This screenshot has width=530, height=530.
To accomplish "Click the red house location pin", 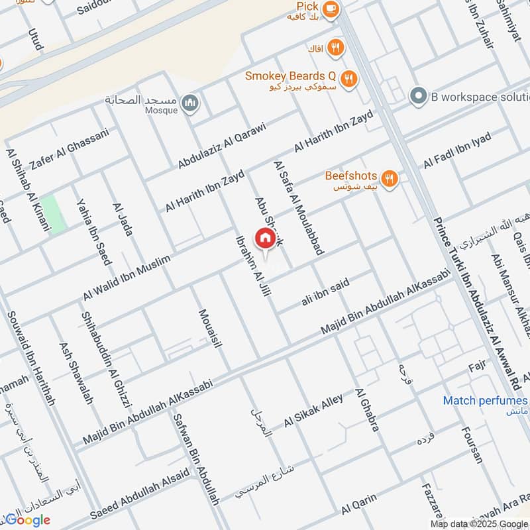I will (265, 238).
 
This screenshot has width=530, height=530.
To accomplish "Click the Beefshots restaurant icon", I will (390, 178).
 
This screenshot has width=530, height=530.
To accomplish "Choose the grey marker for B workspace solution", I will (417, 97).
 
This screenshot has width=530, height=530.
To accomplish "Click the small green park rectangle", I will (53, 214).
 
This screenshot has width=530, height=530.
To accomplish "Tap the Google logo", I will (28, 519).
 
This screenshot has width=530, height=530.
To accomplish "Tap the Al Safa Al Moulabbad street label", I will (298, 207).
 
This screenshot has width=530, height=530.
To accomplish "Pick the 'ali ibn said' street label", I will (325, 291).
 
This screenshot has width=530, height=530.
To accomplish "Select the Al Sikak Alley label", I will (314, 411).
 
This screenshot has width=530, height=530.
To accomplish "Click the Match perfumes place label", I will (486, 400).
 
